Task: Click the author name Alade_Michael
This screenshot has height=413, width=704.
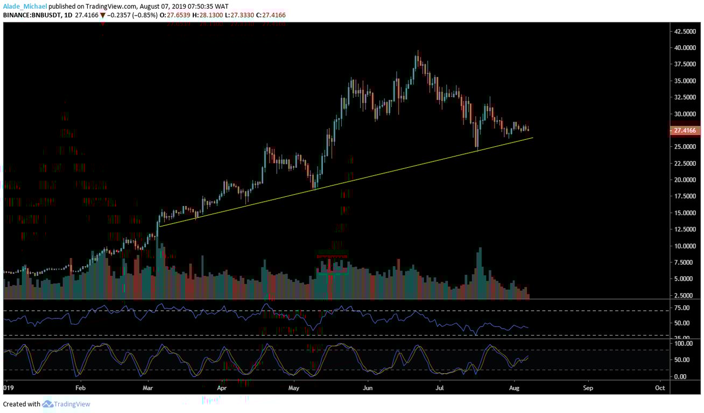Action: pos(24,6)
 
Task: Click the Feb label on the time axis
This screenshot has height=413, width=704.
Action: pos(80,387)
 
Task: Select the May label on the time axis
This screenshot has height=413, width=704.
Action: pos(293,387)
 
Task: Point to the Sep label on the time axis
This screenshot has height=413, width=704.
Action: pos(588,387)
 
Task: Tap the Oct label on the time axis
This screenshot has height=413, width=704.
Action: pos(659,387)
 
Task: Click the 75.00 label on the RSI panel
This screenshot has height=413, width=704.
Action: pos(682,308)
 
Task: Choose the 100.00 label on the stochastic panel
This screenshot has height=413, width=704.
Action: pos(682,343)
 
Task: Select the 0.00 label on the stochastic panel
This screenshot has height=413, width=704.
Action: pos(680,376)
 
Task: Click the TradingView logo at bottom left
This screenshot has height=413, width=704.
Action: pos(66,404)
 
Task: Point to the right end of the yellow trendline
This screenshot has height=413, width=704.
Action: pos(533,138)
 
